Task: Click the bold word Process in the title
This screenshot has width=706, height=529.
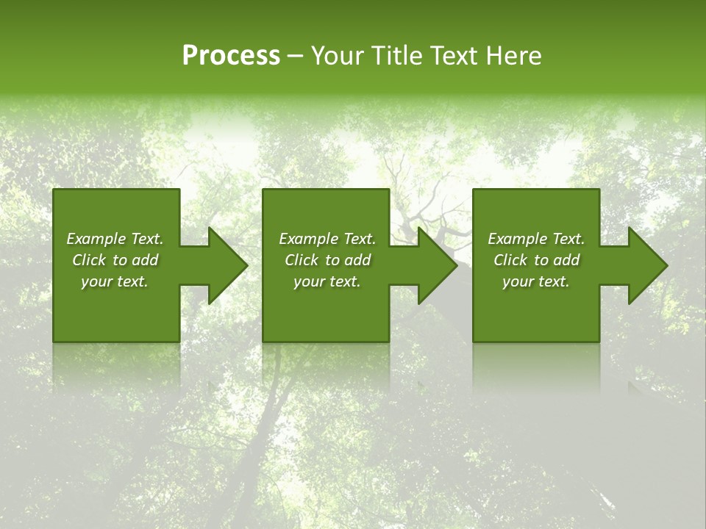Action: coord(231,56)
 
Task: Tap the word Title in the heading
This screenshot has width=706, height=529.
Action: coord(397,56)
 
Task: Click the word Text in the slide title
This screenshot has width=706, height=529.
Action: coord(455,56)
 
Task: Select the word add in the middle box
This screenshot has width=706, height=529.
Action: coord(357,260)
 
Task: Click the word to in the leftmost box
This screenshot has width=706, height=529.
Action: coord(120,260)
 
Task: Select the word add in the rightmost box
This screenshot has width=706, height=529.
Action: coord(566,260)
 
